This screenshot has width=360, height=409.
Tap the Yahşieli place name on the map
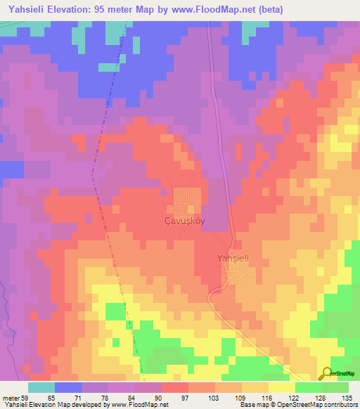tap(233, 257)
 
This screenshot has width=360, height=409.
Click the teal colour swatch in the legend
tap(41, 387)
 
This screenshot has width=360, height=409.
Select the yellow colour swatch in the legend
tap(282, 387)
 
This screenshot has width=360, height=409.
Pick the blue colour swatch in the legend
tap(68, 387)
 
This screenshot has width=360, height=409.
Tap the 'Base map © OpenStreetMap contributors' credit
tap(299, 405)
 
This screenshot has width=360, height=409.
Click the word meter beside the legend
tap(10, 398)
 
